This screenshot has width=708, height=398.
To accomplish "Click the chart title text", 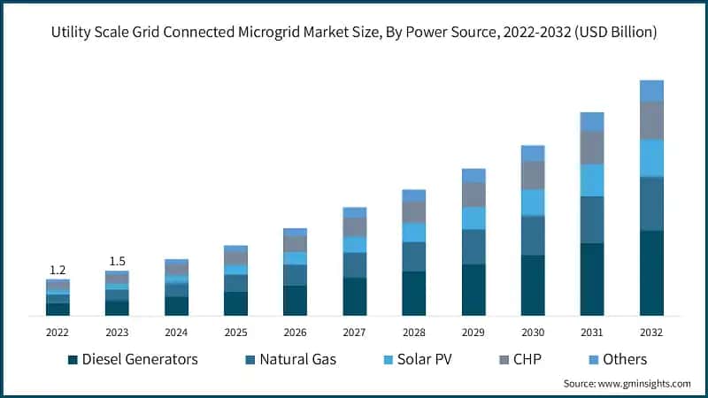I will point(354,32).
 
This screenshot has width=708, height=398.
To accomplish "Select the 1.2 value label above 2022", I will point(58,270).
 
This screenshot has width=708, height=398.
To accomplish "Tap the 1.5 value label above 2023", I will point(117,261).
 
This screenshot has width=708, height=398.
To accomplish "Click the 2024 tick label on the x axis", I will point(176,332).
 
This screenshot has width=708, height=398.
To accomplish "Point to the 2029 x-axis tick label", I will point(473,332).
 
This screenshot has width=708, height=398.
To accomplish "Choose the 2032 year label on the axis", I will point(651,332).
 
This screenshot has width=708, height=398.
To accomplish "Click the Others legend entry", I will point(625,359).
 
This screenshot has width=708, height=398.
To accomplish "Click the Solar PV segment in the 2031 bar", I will point(592,180).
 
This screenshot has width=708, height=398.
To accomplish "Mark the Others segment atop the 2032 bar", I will point(651,90).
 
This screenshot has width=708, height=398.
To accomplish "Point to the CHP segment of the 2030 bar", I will point(533,175).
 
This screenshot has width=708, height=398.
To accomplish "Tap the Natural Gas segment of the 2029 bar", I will point(473,247).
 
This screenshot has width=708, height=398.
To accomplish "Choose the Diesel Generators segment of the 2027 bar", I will point(355,296).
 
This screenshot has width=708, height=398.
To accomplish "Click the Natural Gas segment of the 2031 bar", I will point(592,219).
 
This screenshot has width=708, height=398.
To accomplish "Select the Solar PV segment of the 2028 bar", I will point(414,232).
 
